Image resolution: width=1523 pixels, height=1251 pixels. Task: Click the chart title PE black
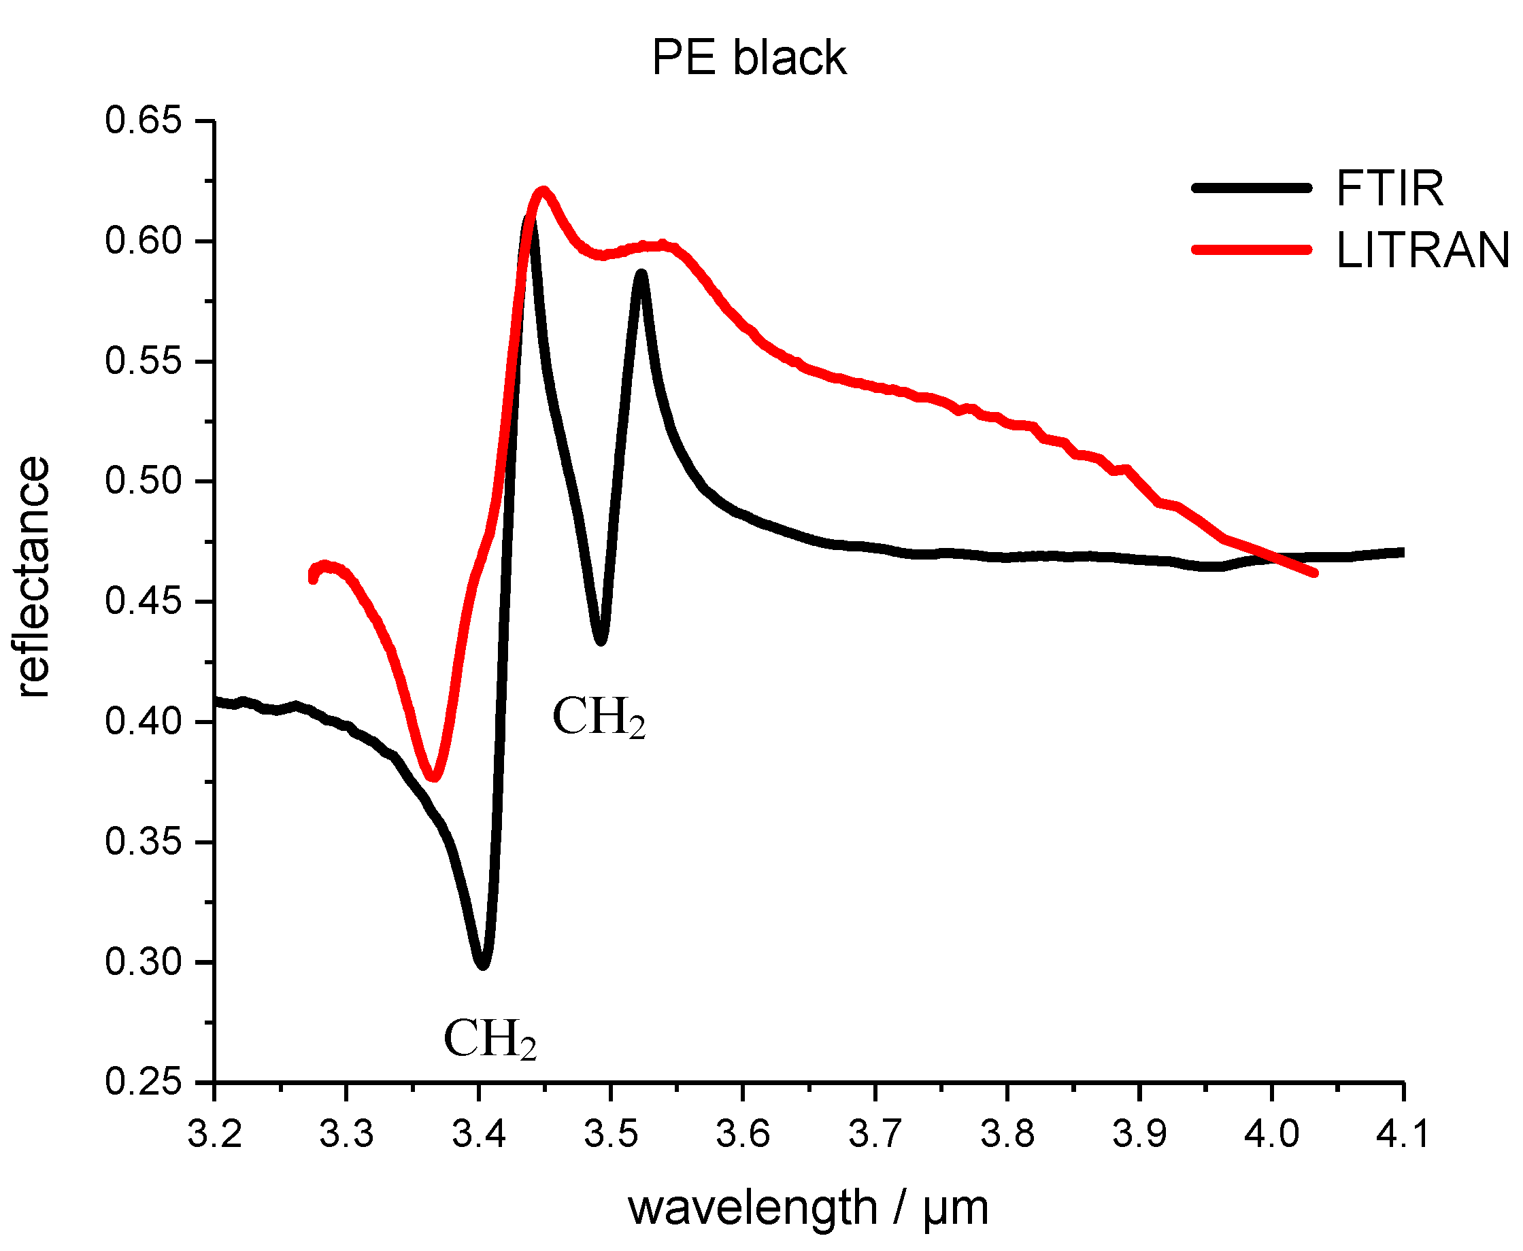[x=748, y=58]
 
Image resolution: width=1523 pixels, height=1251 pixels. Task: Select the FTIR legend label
[x=1390, y=189]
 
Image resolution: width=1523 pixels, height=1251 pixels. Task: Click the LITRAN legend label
[x=1422, y=251]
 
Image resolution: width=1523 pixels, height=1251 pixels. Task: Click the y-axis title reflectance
[x=33, y=577]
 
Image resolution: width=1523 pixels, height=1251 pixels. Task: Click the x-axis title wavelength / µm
[x=807, y=1207]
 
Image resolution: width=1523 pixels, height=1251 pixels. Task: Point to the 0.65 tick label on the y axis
[x=142, y=120]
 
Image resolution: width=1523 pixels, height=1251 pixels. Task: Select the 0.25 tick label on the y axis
[x=142, y=1082]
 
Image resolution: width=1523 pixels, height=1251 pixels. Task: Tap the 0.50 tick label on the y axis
[x=142, y=481]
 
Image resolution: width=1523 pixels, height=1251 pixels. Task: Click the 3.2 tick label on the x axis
[x=215, y=1134]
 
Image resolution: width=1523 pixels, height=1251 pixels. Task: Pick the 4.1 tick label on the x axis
[x=1402, y=1134]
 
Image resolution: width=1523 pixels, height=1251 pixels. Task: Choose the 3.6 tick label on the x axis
[x=742, y=1134]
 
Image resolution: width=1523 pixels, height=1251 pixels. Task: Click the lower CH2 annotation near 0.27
[x=490, y=1040]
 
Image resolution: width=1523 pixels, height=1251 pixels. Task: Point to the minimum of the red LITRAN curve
[x=434, y=777]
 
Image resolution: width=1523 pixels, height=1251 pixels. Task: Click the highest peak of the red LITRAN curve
[x=543, y=192]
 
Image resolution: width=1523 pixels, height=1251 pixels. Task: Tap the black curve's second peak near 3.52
[x=641, y=274]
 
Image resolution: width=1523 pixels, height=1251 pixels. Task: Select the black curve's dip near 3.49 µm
[x=601, y=640]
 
